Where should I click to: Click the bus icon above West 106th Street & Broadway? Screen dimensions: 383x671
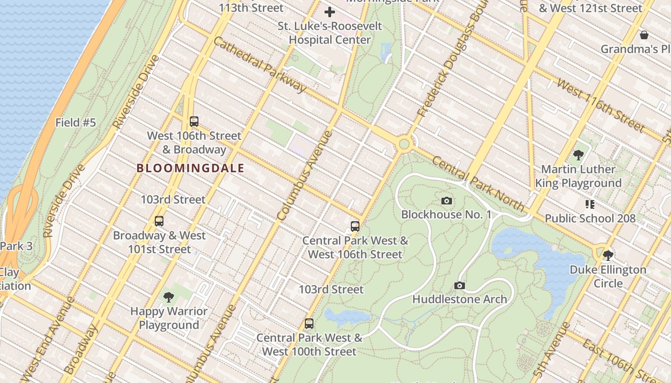(194, 122)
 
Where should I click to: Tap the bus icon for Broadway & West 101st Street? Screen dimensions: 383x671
(159, 221)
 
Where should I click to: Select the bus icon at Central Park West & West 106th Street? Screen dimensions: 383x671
(355, 226)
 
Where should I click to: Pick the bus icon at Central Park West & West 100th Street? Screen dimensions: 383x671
(309, 324)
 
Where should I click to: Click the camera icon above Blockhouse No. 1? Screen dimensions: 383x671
(446, 201)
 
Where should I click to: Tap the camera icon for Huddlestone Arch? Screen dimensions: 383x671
(459, 285)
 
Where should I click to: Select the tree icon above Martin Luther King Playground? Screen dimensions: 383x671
(578, 155)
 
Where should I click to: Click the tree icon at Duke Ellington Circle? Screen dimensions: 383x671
(608, 255)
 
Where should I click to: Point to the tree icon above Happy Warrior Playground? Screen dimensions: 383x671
(168, 297)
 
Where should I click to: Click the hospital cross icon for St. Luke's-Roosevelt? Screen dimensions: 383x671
(330, 12)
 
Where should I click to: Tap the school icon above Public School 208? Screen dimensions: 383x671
(590, 204)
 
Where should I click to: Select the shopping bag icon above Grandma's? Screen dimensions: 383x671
(644, 35)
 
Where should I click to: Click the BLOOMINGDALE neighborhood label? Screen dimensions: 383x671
(190, 168)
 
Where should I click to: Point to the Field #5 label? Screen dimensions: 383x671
(76, 123)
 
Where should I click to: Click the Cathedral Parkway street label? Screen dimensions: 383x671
(260, 65)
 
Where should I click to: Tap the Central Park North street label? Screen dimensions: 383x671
(478, 183)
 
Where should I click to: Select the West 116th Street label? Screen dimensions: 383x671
(600, 105)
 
